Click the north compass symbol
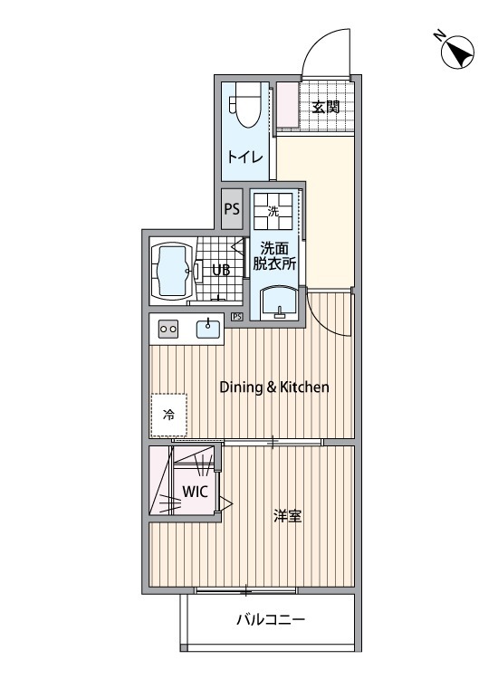(456, 52)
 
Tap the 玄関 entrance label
(326, 107)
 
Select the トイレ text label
(245, 157)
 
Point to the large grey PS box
(232, 209)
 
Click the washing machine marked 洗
(273, 211)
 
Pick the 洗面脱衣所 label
(274, 256)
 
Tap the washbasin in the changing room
(279, 302)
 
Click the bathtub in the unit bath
(173, 271)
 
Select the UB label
(221, 270)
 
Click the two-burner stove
(168, 330)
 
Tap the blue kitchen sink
(208, 329)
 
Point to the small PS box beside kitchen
(236, 317)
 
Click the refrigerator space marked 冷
(169, 415)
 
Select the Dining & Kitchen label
(274, 387)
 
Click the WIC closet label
(195, 492)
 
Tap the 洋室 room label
(287, 516)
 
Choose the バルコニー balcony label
(271, 619)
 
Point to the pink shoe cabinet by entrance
(288, 105)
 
